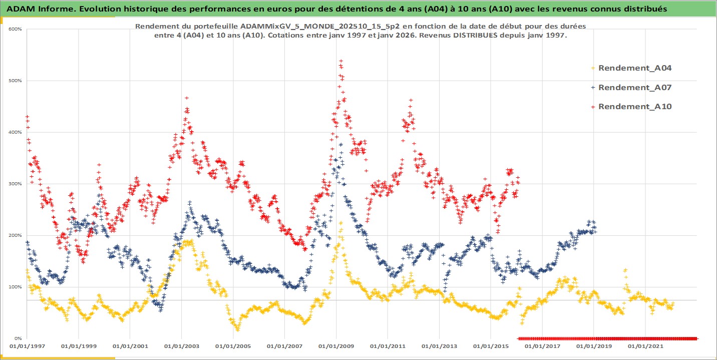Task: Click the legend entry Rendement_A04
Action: coord(634,68)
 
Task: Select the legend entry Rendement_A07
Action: coord(634,87)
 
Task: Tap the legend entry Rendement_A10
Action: coord(634,106)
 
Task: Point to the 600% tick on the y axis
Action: coord(15,29)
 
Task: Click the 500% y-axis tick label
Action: coord(15,81)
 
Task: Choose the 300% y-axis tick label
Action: coord(15,184)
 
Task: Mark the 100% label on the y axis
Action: coord(15,287)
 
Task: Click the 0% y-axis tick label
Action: coord(17,338)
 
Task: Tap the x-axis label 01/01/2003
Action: coord(181,346)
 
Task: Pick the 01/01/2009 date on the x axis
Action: coord(336,346)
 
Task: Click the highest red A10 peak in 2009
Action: coord(341,61)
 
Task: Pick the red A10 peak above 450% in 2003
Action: coord(187,98)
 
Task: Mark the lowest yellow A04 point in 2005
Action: coord(237,329)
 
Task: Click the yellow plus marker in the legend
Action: coord(593,68)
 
